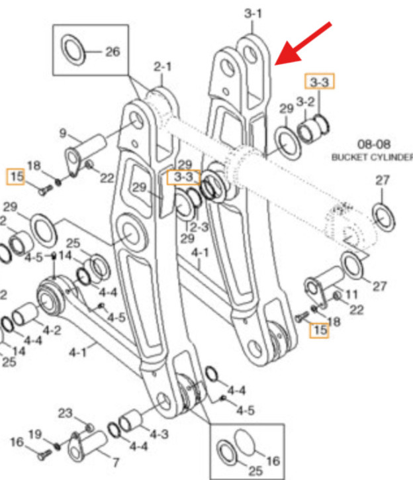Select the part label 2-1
[162, 67]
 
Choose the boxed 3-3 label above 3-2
[319, 82]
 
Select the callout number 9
[63, 134]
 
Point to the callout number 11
[352, 293]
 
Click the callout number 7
[115, 461]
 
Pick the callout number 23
[65, 414]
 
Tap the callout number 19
[35, 434]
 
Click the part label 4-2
[52, 328]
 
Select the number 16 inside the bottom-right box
[273, 460]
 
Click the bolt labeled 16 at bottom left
[46, 456]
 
